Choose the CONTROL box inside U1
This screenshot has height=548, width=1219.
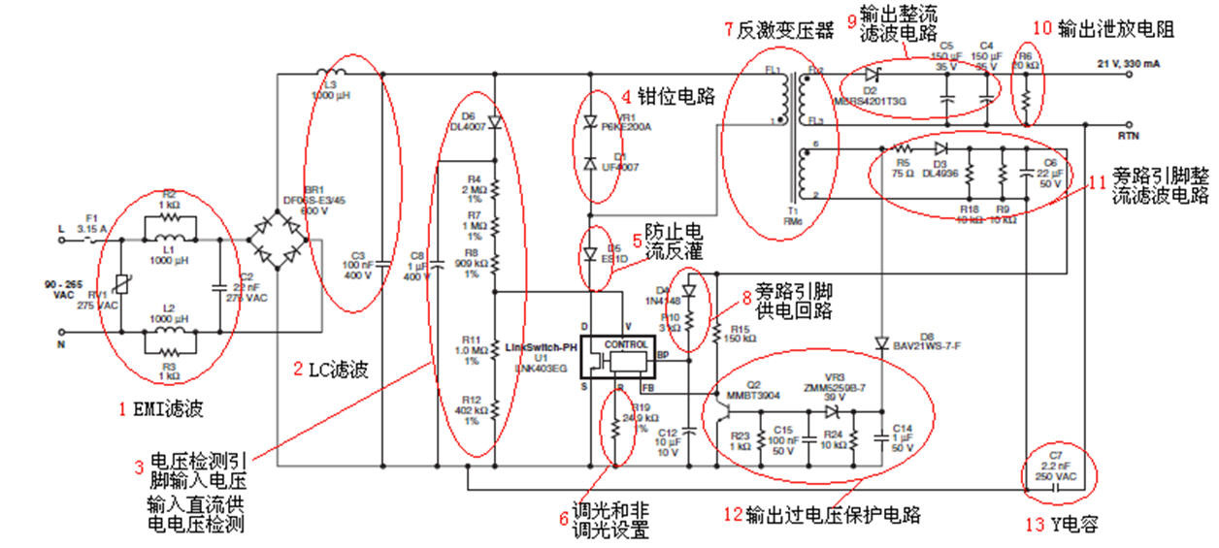[x=625, y=345]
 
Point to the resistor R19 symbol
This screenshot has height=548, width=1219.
[x=615, y=435]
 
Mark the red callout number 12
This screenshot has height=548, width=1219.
[x=733, y=514]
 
